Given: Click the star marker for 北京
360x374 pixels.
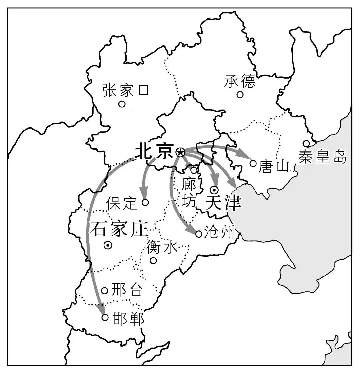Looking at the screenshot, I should tap(180, 152).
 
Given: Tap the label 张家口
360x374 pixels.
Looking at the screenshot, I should tap(125, 90).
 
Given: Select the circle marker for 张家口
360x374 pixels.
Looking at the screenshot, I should tap(122, 104).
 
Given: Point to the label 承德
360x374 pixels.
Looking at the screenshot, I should tap(240, 81).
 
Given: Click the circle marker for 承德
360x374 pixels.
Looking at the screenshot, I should tap(240, 95).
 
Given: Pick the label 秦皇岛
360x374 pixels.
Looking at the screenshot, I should tap(322, 156).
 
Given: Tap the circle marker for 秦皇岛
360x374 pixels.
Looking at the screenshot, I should tap(306, 143).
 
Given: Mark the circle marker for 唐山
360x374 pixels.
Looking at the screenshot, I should tap(253, 163).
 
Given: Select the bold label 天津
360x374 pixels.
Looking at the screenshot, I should tap(223, 202).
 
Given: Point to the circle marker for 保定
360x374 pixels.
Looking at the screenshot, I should tap(145, 202).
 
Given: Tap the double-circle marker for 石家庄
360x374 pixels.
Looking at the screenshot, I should tap(108, 246).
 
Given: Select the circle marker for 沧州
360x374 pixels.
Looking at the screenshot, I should tap(199, 234).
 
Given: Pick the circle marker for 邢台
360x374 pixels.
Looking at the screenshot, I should tap(105, 291).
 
